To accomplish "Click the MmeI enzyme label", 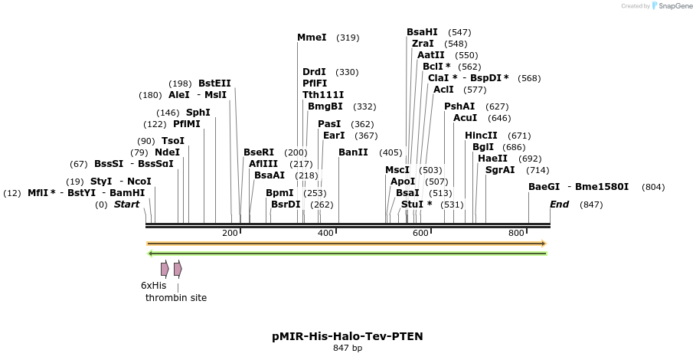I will [312, 38].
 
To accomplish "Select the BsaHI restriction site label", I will [422, 32].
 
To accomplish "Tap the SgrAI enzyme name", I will [500, 170].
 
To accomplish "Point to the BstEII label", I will [214, 83].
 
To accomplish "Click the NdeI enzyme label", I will [167, 152].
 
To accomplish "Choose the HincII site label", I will [482, 136].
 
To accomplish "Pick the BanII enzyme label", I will [353, 152].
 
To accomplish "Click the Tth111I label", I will [323, 95].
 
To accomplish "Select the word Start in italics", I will [127, 205].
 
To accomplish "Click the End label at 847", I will [560, 205].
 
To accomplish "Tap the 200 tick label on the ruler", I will [230, 233].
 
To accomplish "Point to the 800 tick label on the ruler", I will [516, 233].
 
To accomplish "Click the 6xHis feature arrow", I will [165, 269].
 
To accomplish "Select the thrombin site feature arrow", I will [178, 269].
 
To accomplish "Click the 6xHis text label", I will [153, 286].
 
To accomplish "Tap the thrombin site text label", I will [176, 298].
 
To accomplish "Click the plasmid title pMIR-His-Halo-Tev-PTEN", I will [348, 336].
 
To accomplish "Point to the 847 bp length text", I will [348, 349].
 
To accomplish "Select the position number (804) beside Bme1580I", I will [653, 187].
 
